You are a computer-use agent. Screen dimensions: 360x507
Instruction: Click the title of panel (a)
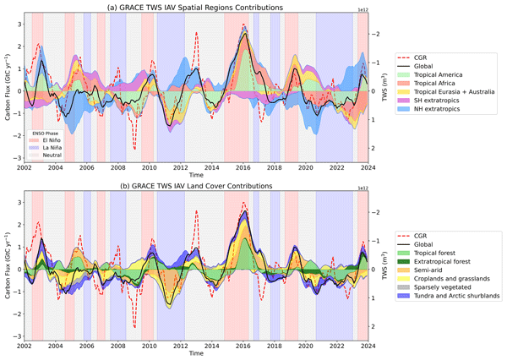(x=191, y=7)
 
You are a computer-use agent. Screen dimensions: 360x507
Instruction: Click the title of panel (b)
(x=191, y=185)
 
